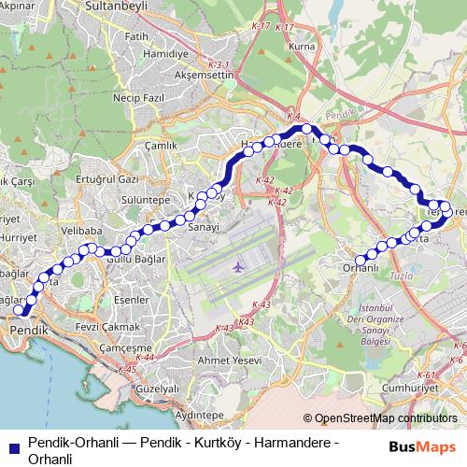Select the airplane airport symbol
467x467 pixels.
(x=237, y=268)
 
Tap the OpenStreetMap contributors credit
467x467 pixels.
(x=380, y=419)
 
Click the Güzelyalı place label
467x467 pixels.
(x=157, y=388)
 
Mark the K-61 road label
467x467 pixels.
(x=428, y=375)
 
